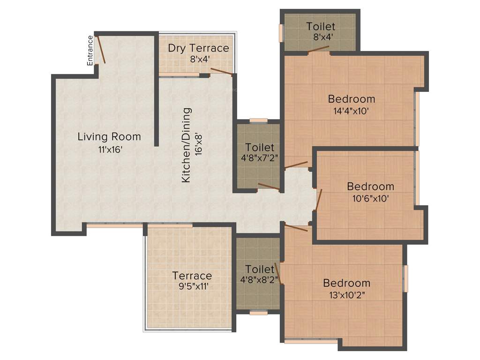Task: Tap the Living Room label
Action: pyautogui.click(x=109, y=137)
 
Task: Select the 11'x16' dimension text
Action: pyautogui.click(x=109, y=150)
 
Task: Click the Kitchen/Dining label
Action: pyautogui.click(x=187, y=145)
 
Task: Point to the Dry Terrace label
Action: pyautogui.click(x=198, y=48)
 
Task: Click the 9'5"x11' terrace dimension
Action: pyautogui.click(x=192, y=286)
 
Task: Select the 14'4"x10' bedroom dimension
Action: pyautogui.click(x=352, y=111)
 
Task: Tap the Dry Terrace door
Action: pyautogui.click(x=221, y=71)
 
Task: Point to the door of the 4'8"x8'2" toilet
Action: pyautogui.click(x=277, y=271)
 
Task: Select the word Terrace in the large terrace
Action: pyautogui.click(x=192, y=276)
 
